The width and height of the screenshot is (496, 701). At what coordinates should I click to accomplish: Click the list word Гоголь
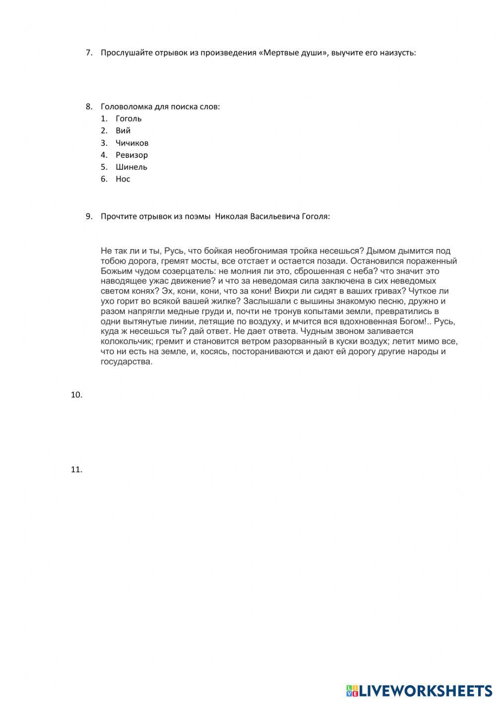pyautogui.click(x=128, y=119)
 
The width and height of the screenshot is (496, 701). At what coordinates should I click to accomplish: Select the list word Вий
pyautogui.click(x=123, y=130)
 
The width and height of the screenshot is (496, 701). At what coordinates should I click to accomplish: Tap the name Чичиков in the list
pyautogui.click(x=132, y=143)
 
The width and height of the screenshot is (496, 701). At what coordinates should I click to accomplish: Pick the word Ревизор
pyautogui.click(x=131, y=155)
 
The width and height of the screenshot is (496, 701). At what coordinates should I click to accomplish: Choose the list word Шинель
pyautogui.click(x=131, y=167)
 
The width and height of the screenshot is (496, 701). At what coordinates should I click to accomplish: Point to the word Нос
pyautogui.click(x=123, y=179)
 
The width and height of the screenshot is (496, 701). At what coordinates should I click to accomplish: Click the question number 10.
pyautogui.click(x=76, y=395)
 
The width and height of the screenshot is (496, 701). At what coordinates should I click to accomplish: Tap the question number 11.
pyautogui.click(x=76, y=469)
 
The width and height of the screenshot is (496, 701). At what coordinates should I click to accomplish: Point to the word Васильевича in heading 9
pyautogui.click(x=274, y=216)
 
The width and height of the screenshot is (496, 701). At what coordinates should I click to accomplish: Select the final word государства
pyautogui.click(x=126, y=362)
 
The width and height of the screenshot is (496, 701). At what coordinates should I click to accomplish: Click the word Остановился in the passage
pyautogui.click(x=376, y=261)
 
